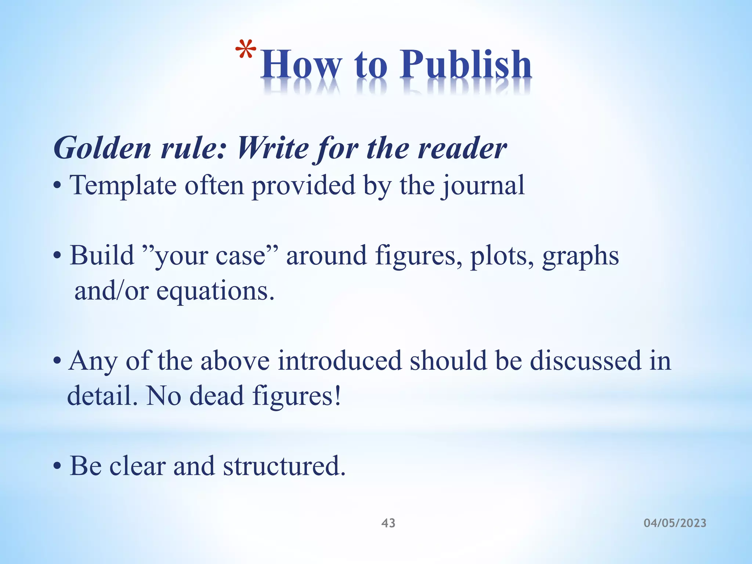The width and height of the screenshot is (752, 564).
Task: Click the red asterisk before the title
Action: coord(246,50)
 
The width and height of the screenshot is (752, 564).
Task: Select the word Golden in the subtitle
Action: coord(102,148)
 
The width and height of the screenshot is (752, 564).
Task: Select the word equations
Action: coord(215,291)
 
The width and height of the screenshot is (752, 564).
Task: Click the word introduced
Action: coord(340,361)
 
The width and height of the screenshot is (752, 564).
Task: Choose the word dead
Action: coord(216,395)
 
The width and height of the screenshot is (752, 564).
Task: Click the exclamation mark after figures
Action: coord(337,395)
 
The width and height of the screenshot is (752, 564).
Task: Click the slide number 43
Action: coord(388,523)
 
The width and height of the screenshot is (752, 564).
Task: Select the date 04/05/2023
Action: coord(675,523)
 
